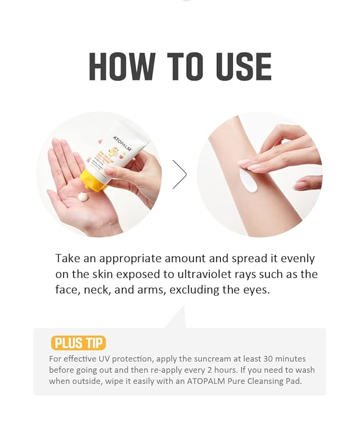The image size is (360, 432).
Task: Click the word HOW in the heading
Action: [121, 67]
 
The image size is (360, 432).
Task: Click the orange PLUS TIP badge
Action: [78, 343]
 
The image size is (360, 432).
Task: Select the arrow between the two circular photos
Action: [180, 174]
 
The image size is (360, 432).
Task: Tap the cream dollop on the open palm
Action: [83, 197]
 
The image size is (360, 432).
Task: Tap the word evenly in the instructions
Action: [295, 259]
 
